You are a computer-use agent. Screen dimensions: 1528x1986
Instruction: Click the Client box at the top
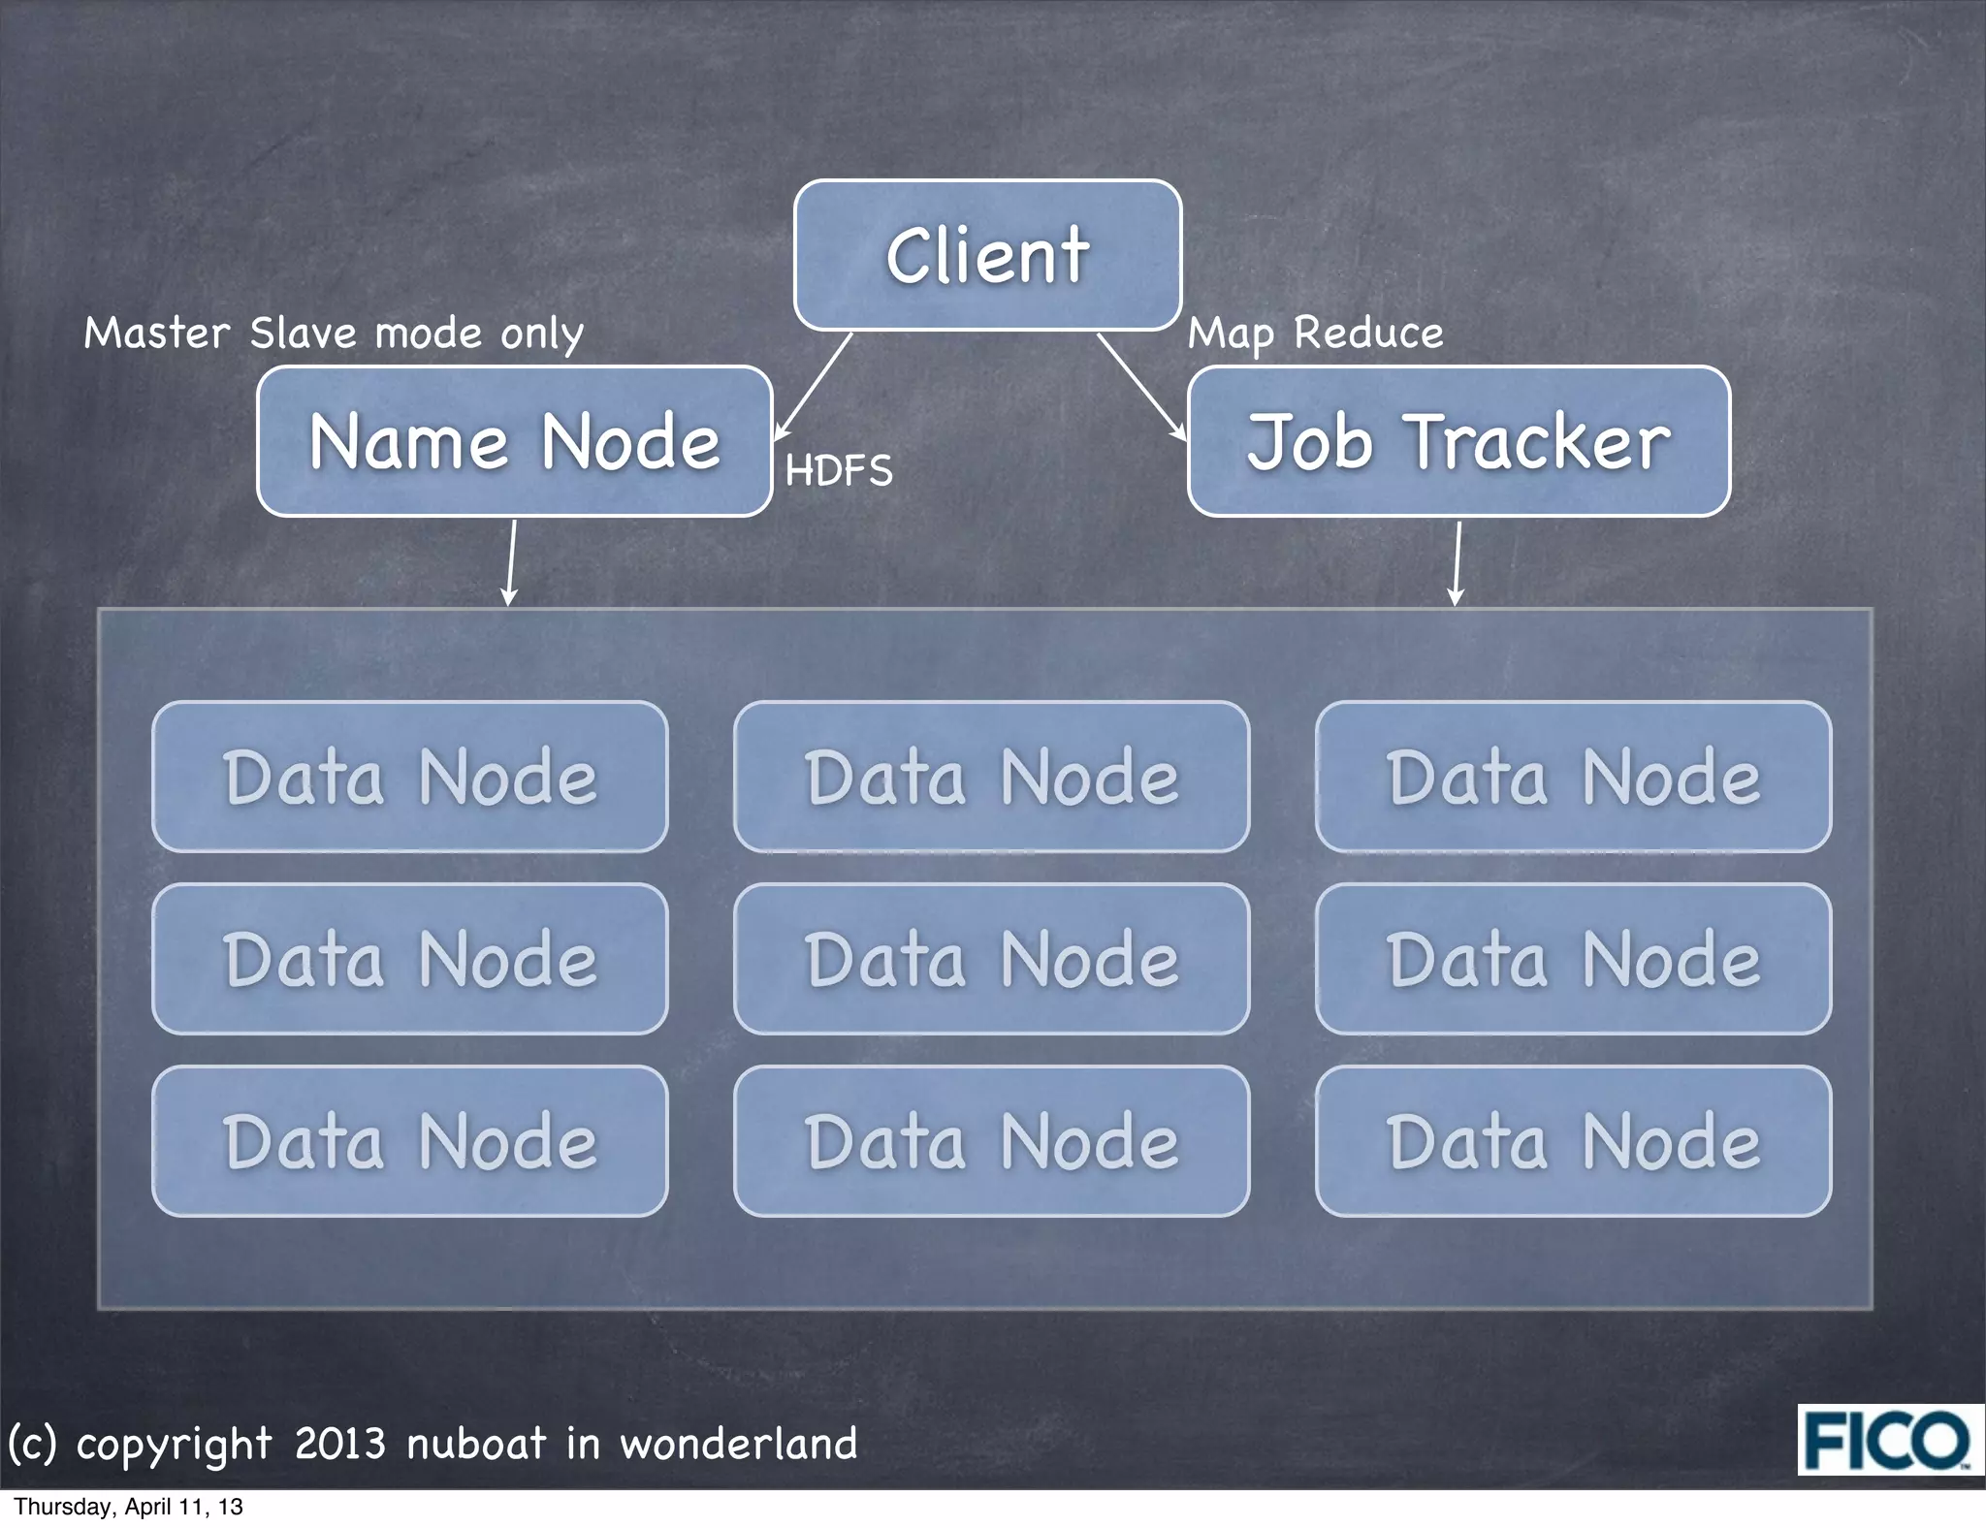coord(987,255)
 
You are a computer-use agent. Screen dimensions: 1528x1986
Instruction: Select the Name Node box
coord(514,441)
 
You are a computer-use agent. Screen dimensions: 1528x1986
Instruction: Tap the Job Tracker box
coord(1458,441)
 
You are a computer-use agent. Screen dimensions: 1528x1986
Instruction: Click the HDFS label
coord(839,471)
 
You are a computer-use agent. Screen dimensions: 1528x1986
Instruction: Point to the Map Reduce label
coord(1316,334)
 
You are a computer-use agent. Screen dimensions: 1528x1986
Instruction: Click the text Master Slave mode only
coord(334,334)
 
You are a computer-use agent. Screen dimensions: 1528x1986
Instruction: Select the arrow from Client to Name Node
coord(815,385)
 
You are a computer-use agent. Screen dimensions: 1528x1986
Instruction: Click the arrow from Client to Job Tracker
coord(1140,386)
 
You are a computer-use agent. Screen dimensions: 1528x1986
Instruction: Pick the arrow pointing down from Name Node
coord(511,562)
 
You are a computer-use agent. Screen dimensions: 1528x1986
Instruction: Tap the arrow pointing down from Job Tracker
coord(1457,562)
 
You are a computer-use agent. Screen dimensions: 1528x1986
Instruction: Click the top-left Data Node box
coord(410,777)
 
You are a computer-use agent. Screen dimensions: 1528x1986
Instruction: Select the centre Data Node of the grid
coord(991,959)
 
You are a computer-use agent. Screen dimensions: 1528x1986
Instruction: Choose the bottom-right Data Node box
coord(1573,1141)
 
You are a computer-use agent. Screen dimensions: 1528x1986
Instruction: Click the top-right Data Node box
coord(1573,777)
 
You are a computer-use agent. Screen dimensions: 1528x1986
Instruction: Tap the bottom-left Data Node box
coord(410,1141)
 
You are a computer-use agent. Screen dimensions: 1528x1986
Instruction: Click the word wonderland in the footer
coord(739,1444)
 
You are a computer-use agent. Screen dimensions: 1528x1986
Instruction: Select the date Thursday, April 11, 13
coord(128,1507)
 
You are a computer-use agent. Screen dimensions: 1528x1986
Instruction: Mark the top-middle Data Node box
coord(991,777)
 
